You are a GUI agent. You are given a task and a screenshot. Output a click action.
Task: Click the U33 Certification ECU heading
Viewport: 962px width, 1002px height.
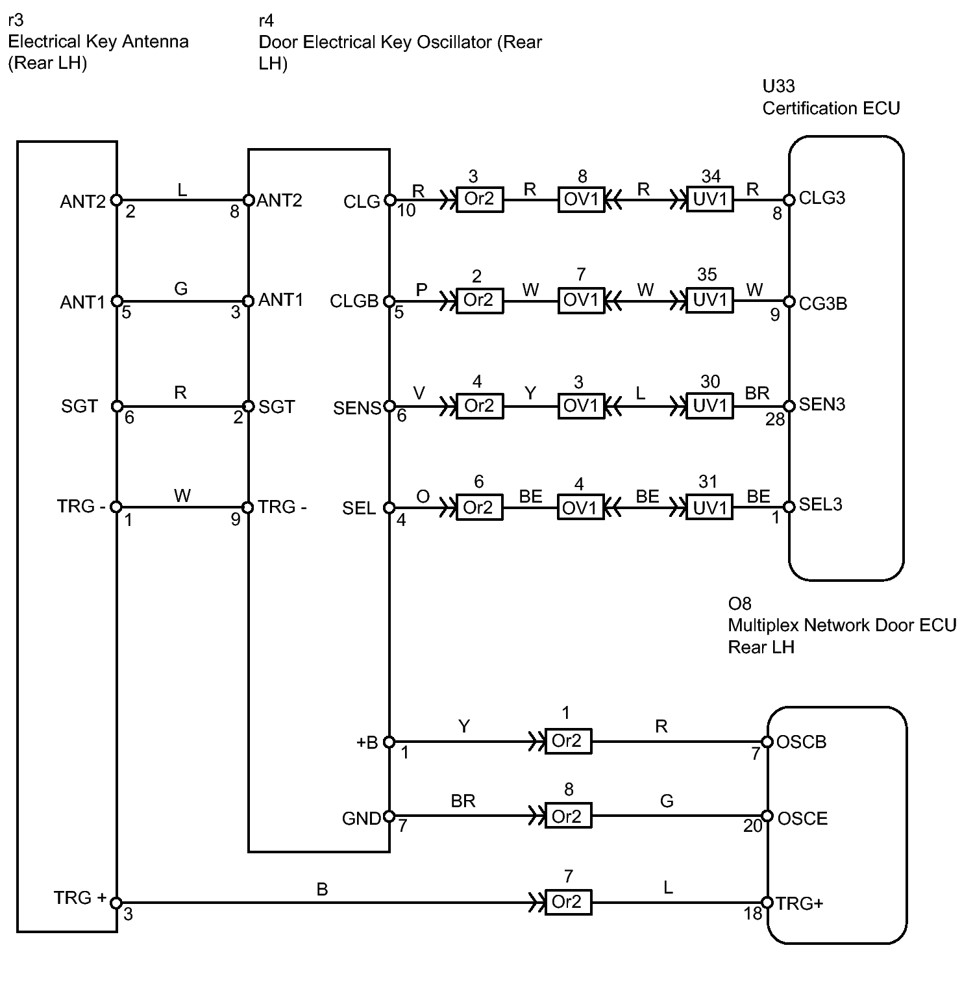click(831, 97)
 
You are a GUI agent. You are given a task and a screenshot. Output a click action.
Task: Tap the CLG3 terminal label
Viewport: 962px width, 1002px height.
click(822, 198)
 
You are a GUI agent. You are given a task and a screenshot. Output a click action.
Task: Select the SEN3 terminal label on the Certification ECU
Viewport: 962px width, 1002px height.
click(822, 405)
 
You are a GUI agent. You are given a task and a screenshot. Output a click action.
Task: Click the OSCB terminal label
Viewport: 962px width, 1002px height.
click(801, 742)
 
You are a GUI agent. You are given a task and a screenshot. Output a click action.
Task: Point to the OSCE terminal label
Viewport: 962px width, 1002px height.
click(802, 818)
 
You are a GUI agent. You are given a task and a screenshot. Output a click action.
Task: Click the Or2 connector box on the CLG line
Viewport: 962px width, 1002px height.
click(479, 199)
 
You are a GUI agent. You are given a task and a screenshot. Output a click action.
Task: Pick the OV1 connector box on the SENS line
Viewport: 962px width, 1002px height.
click(581, 406)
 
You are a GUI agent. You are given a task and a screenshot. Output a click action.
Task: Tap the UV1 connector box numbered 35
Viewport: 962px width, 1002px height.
click(709, 301)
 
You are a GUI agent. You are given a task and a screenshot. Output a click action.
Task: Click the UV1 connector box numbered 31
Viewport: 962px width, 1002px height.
click(709, 507)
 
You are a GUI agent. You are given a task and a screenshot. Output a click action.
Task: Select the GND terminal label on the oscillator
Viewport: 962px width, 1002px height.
click(362, 819)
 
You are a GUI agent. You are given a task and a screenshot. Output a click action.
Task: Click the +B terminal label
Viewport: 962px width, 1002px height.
click(367, 742)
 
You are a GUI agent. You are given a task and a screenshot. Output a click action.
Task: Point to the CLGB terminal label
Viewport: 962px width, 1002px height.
click(354, 301)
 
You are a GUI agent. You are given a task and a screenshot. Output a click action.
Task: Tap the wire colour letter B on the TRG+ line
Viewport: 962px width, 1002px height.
click(322, 889)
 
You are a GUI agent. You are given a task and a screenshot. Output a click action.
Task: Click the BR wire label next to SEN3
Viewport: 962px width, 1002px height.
click(758, 393)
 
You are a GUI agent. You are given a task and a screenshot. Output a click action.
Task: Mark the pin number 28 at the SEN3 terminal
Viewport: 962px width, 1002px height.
click(775, 420)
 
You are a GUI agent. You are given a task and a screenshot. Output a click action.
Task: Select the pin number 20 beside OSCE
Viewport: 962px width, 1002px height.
click(753, 826)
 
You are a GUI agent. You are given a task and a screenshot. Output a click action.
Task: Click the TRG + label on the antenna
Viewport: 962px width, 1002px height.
click(80, 897)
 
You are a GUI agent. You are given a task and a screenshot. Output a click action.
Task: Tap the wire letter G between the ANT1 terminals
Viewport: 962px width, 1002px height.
click(181, 288)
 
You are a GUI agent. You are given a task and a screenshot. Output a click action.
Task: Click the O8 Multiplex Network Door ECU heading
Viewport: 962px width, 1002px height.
click(842, 625)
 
